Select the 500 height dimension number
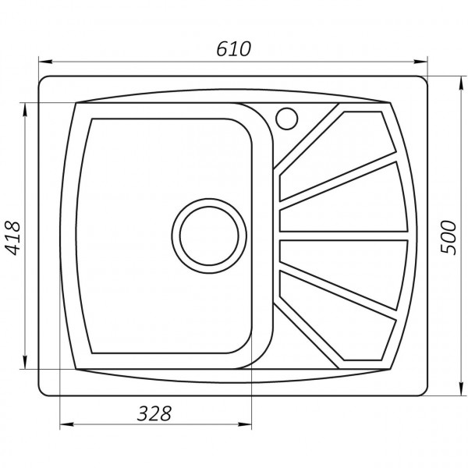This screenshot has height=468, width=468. coord(448,234)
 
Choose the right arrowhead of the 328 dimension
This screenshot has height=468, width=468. coord(250,426)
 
